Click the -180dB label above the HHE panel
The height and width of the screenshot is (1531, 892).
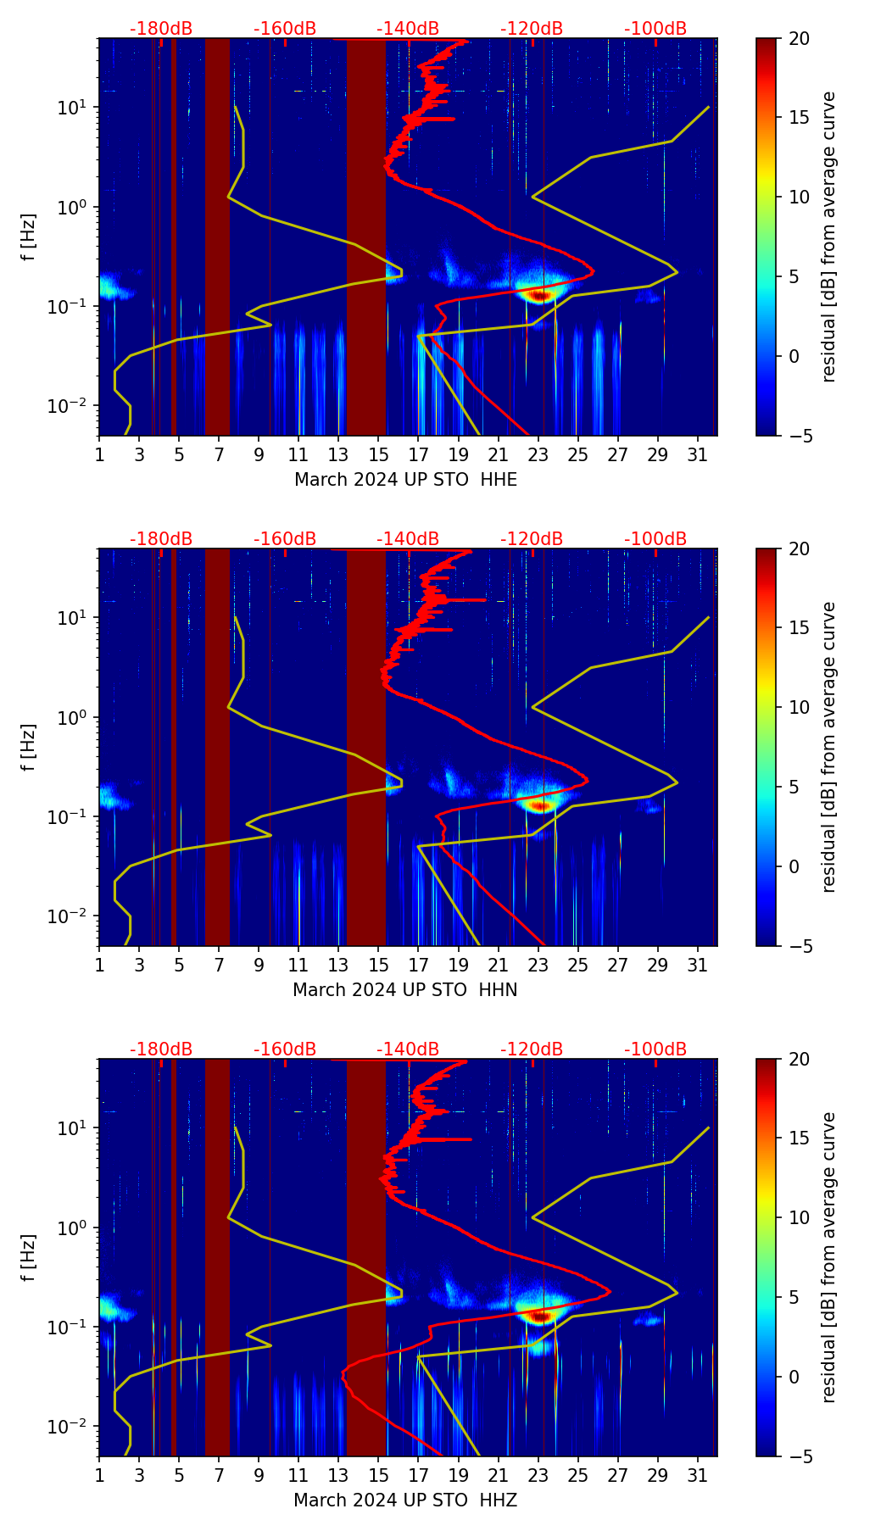coord(161,29)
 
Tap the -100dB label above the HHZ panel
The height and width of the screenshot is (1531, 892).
coord(655,1049)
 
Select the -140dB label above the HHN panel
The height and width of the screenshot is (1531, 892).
coord(408,539)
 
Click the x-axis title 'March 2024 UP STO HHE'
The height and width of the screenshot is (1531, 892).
coord(405,480)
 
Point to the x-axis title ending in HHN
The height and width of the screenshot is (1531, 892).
coord(405,990)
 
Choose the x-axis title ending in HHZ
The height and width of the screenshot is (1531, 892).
coord(405,1500)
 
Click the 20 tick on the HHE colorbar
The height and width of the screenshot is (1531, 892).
coord(800,38)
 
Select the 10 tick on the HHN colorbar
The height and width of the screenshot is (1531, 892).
coord(800,707)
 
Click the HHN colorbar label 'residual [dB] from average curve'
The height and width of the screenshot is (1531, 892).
coord(829,747)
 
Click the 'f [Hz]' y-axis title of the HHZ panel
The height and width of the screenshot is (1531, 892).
coord(29,1257)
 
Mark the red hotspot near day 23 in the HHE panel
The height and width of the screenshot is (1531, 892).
coord(539,295)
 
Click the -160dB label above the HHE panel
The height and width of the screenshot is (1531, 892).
coord(285,29)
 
